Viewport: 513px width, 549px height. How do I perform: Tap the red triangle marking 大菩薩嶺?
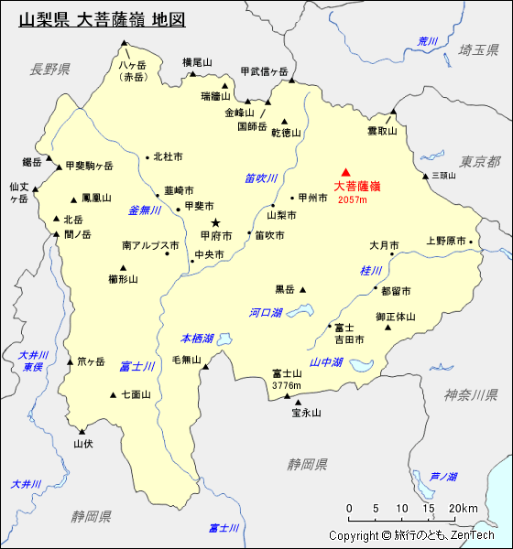345,172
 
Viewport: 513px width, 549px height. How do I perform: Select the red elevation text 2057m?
352,199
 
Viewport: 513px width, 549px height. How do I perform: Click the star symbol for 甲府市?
216,222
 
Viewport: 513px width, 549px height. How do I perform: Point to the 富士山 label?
287,373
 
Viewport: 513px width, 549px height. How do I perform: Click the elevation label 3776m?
287,385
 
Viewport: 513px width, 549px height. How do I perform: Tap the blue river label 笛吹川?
261,178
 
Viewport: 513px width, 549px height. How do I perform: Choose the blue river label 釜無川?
145,210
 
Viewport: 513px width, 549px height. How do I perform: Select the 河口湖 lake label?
266,313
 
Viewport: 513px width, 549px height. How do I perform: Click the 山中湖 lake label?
326,362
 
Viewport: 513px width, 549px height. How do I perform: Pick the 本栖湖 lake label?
197,339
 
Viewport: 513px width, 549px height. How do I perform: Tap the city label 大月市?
384,245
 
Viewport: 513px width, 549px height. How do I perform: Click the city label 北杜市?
168,156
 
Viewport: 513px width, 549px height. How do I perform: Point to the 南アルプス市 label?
150,246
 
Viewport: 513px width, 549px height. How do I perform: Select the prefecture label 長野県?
49,69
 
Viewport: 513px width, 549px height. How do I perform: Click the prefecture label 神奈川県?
471,394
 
